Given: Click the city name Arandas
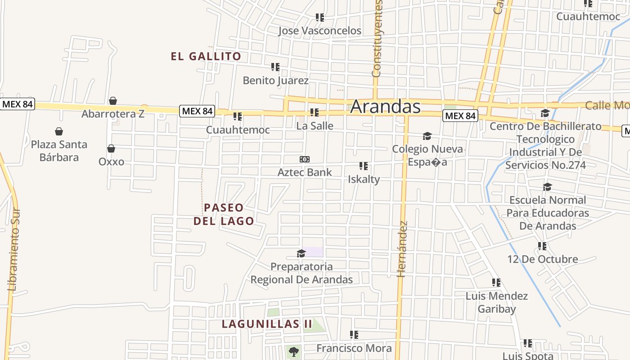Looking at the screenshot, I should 385,107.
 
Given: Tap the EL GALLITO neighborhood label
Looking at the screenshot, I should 206,57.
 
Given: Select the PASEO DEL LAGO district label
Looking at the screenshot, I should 224,214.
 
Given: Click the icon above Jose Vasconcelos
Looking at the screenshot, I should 319,18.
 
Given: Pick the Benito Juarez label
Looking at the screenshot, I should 275,81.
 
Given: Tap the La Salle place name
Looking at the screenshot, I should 315,126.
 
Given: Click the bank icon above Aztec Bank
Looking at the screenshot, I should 305,159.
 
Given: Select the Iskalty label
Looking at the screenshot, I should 364,179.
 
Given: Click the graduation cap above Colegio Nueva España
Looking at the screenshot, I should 427,136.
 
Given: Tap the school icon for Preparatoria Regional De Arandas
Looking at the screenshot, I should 301,254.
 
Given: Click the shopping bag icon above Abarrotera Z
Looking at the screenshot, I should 113,101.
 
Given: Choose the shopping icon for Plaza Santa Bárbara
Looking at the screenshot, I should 59,131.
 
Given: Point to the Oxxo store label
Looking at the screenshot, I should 111,162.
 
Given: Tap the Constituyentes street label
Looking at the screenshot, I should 377,38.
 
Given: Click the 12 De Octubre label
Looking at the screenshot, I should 542,259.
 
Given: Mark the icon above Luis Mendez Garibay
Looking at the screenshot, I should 496,283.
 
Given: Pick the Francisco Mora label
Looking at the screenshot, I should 354,348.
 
